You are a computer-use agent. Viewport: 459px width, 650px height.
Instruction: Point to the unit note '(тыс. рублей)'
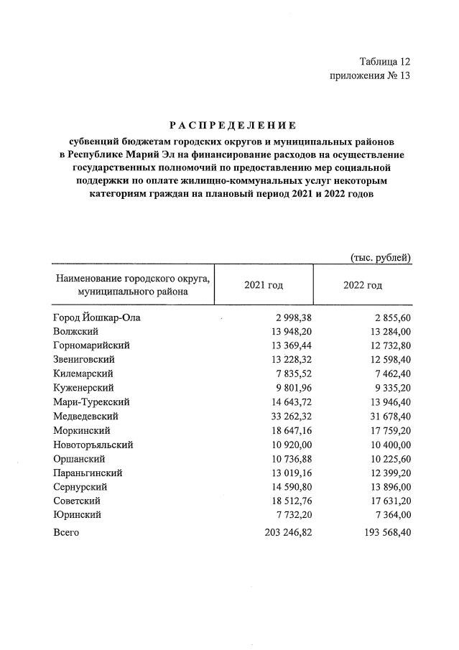380,256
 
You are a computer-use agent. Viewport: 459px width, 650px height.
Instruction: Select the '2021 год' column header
263,285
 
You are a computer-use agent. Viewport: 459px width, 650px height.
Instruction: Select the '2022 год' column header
362,285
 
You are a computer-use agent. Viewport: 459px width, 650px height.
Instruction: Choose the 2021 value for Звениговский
287,360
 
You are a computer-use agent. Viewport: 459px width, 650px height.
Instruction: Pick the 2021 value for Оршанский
287,459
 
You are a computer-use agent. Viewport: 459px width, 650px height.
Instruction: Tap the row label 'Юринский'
77,515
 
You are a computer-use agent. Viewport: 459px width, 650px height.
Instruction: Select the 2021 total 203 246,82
284,532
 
